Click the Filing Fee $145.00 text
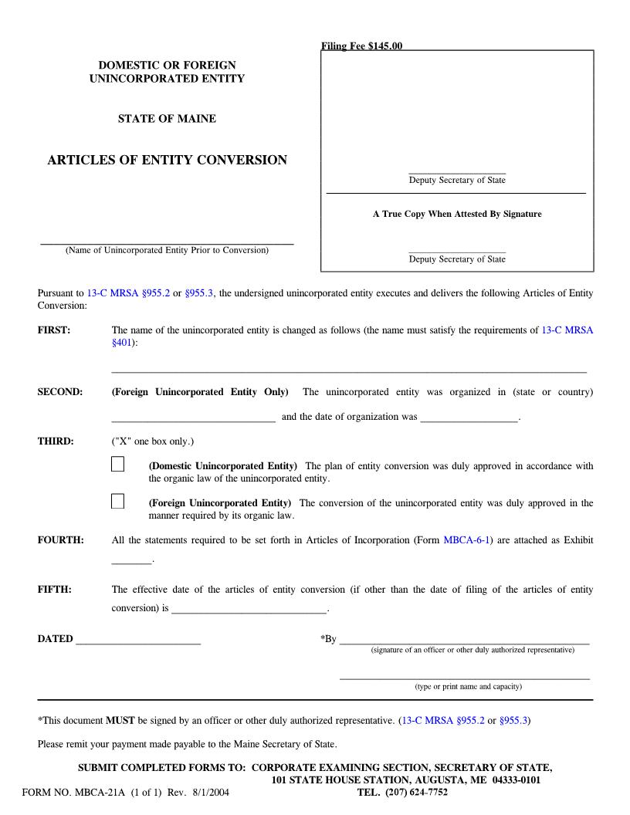tap(361, 46)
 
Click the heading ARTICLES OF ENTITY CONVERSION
tap(167, 161)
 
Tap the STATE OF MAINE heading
tap(167, 119)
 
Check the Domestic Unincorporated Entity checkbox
tap(117, 464)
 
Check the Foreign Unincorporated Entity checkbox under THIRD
tap(117, 502)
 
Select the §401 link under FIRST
tap(122, 342)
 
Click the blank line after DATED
tap(138, 639)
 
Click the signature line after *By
tap(464, 639)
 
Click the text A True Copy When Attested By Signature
tap(457, 214)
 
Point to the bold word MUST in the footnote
tap(119, 721)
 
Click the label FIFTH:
tap(54, 590)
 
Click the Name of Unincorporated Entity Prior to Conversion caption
tap(167, 250)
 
